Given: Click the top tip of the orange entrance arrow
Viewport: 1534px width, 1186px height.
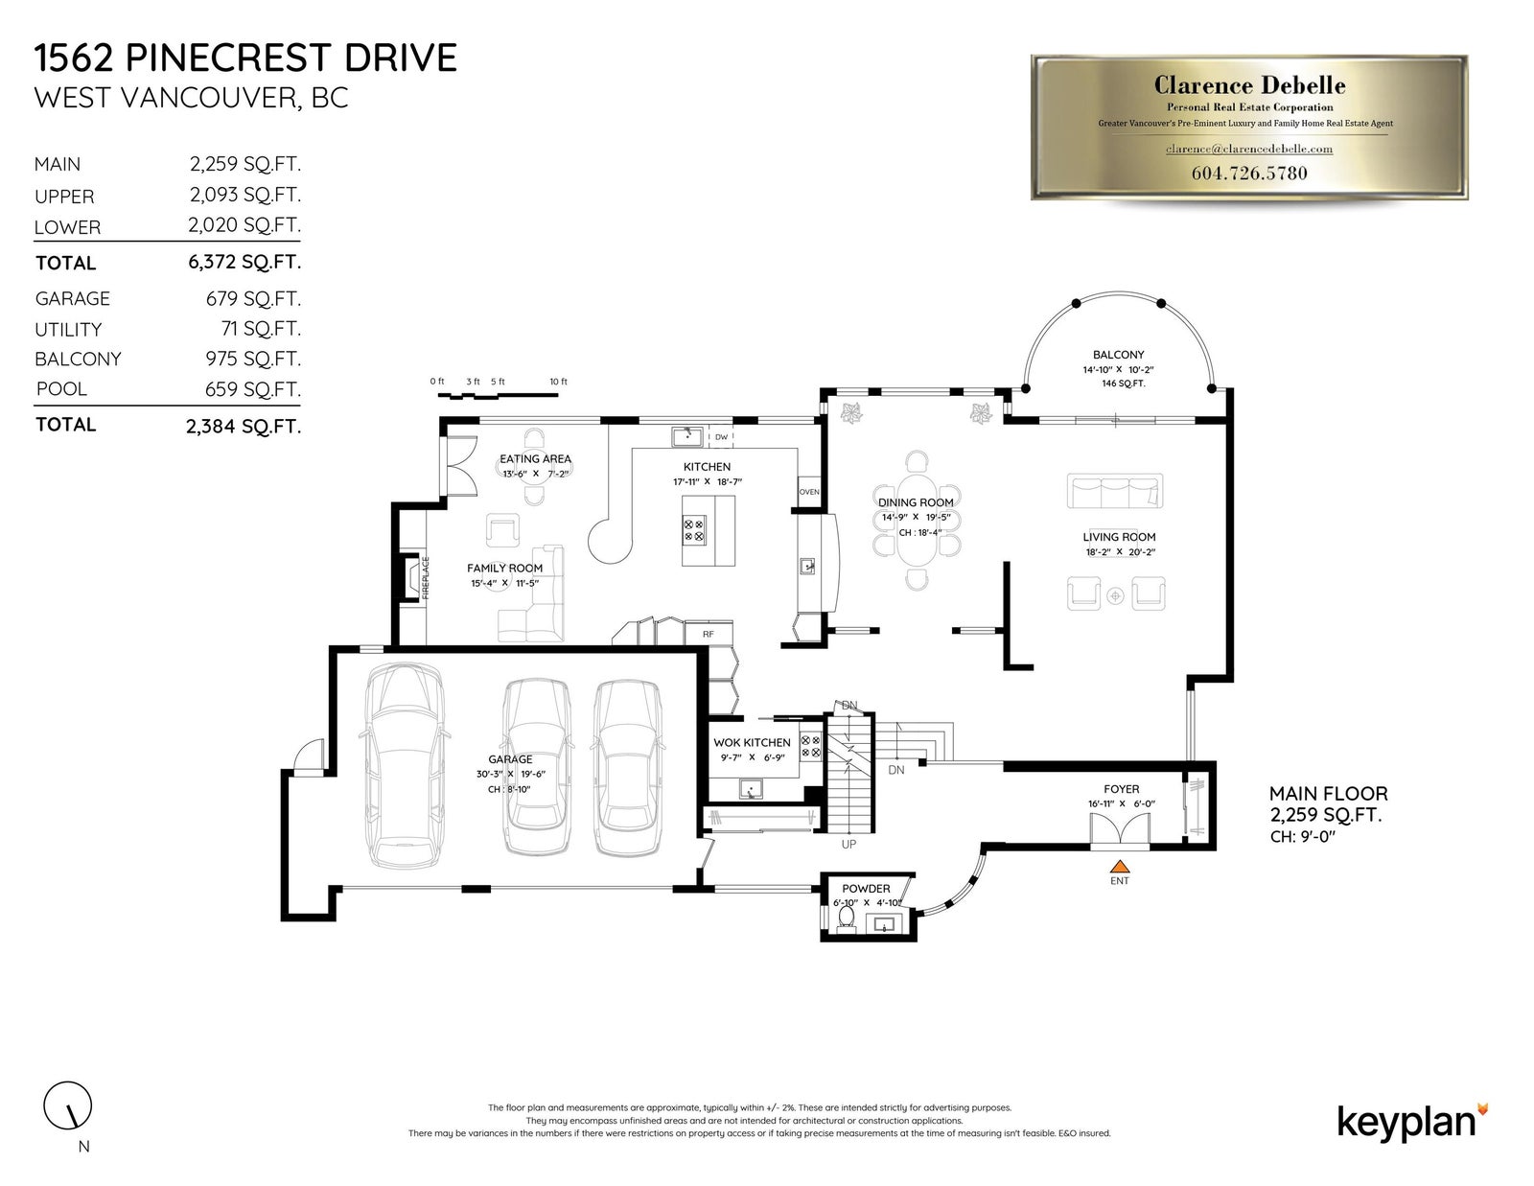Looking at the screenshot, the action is coord(1119,859).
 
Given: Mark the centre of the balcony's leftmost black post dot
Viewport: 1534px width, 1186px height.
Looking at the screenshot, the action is coord(1026,388).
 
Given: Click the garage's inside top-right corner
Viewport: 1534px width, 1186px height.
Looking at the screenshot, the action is coord(697,655).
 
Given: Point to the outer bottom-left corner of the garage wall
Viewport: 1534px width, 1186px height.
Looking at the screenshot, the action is coord(282,920).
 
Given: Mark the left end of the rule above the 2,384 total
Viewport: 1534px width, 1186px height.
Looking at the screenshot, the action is coord(34,406).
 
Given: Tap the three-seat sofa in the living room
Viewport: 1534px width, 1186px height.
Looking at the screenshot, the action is coord(1115,491).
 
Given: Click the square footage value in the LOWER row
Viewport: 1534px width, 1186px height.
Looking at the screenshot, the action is coord(244,225).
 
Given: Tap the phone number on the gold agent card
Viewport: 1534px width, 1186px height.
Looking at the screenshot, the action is coord(1249,173).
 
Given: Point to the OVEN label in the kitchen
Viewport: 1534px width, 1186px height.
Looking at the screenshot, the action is coord(810,492).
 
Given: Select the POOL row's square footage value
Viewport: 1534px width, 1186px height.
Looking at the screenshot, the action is coord(253,389).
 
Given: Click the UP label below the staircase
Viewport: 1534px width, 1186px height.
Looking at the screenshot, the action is coord(848,845).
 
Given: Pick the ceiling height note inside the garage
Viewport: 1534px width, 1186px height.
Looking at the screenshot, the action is coord(509,789).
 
